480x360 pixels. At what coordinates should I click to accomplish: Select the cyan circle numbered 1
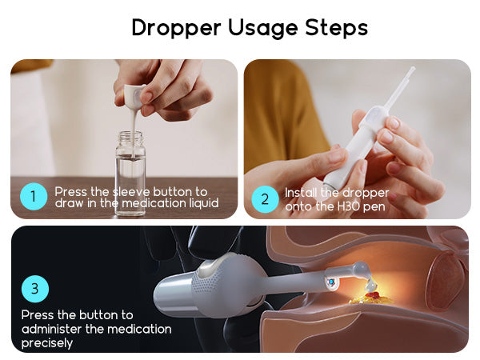34,196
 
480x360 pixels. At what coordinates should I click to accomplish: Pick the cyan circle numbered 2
265,199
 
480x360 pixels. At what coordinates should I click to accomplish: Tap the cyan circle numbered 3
35,288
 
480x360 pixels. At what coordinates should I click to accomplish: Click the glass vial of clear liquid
130,173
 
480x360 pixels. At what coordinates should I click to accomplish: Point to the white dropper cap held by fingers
134,94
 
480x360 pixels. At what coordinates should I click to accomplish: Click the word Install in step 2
301,193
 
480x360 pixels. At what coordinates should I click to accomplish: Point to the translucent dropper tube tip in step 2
412,69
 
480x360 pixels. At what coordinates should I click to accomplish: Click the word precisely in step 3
47,343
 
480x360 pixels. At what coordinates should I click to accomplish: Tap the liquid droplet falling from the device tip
370,285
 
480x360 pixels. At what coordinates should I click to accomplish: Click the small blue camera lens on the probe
330,282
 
